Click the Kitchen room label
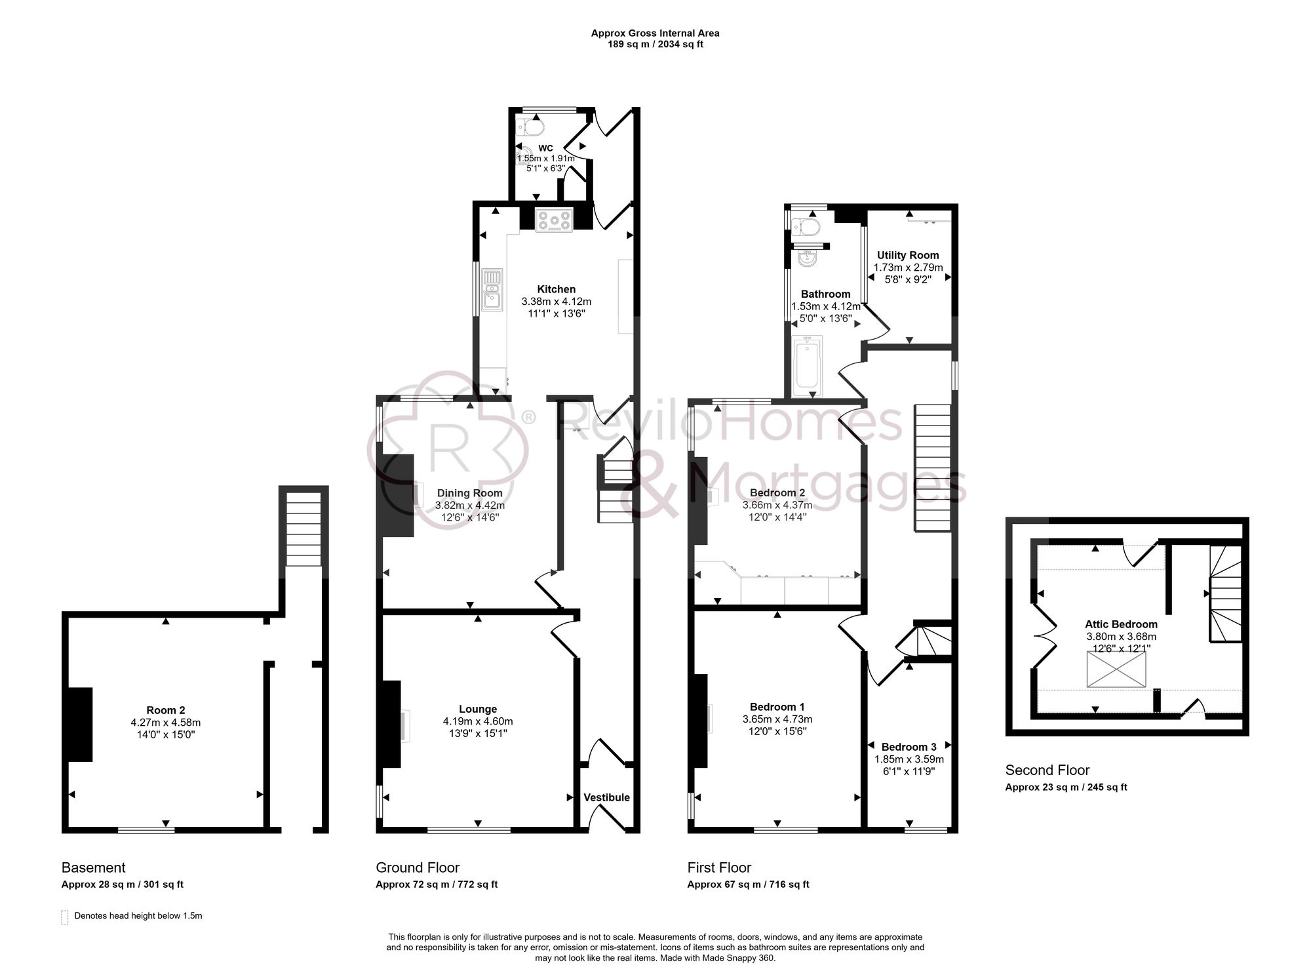[x=556, y=289]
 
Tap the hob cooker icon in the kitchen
[x=555, y=220]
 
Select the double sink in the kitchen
[x=491, y=289]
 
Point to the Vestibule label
[x=606, y=797]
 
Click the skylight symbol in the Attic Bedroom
[x=1116, y=669]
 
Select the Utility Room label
[x=908, y=255]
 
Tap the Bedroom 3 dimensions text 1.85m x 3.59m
[x=909, y=759]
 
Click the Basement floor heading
[x=93, y=867]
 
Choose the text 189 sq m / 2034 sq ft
[x=655, y=45]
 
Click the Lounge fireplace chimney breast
[x=391, y=724]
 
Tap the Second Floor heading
[x=1047, y=770]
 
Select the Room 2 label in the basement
[x=165, y=710]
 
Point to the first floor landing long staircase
[x=932, y=467]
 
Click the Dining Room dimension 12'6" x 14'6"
[x=469, y=518]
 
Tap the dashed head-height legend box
[x=65, y=917]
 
